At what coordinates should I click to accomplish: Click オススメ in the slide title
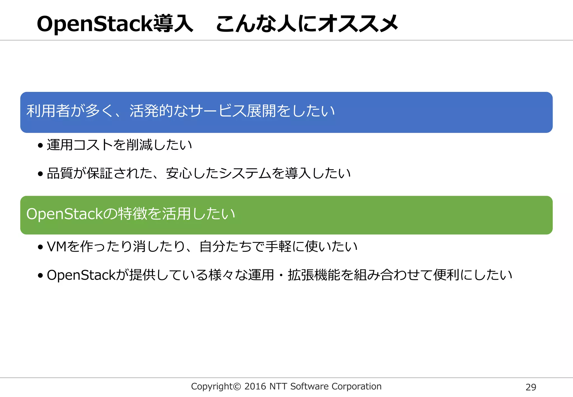(358, 24)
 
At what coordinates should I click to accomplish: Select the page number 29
(531, 387)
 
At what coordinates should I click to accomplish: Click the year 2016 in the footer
(255, 387)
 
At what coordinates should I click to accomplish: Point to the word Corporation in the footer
(356, 387)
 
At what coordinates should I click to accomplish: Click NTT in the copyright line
(278, 387)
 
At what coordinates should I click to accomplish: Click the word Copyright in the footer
(212, 387)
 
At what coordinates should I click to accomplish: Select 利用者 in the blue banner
(48, 111)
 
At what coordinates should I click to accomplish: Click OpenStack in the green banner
(65, 214)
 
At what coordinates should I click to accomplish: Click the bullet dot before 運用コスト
(41, 146)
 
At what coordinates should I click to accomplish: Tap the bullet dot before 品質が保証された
(41, 174)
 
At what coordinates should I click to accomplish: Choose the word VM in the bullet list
(57, 247)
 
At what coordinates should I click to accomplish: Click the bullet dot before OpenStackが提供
(41, 275)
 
